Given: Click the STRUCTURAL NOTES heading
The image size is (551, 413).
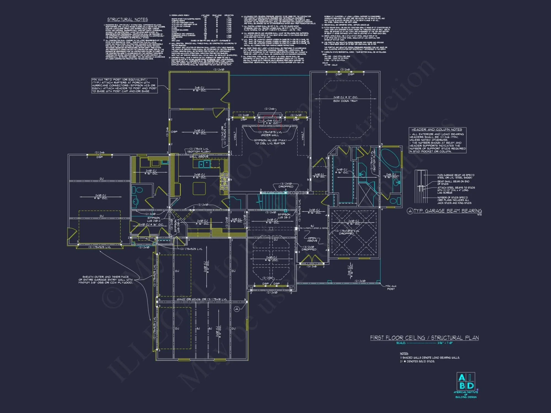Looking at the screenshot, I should [x=127, y=20].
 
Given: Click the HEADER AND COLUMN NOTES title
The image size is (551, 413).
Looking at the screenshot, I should [x=437, y=129].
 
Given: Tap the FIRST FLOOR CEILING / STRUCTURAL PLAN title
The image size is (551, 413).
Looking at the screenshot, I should [x=424, y=338].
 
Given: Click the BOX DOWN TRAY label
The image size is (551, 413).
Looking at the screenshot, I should [x=345, y=101].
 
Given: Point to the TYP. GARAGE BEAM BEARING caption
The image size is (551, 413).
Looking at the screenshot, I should [x=447, y=211].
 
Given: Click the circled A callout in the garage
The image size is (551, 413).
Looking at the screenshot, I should [x=237, y=309].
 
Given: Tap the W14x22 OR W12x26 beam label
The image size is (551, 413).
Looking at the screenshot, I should [x=202, y=299].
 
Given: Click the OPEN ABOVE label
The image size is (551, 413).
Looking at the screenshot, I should [x=312, y=239].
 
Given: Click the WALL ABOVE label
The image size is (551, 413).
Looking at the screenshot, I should [x=199, y=156].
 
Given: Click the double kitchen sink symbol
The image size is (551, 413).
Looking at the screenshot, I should [x=204, y=164].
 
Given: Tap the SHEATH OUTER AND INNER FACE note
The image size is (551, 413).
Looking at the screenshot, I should [x=106, y=279].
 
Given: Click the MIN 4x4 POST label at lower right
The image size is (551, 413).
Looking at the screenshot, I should [x=391, y=287].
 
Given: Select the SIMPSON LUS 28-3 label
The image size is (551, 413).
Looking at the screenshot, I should [x=284, y=216].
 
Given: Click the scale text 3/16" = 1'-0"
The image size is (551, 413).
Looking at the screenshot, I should [x=445, y=343].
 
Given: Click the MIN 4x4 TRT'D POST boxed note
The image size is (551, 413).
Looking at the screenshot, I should [x=124, y=85].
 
